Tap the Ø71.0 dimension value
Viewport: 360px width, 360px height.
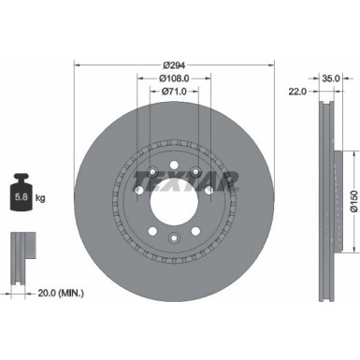[175, 91]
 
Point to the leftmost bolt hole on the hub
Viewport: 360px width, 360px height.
[138, 191]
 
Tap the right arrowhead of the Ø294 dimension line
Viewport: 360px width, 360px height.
[274, 65]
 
